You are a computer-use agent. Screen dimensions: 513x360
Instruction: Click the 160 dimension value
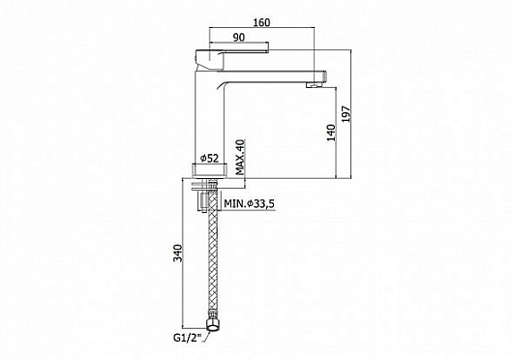coord(261,22)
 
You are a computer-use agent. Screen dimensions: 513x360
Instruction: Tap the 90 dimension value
coord(239,38)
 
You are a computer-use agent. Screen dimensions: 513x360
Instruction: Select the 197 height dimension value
coord(346,114)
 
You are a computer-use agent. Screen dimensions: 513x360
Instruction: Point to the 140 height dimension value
coord(331,133)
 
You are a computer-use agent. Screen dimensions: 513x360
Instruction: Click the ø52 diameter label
coord(209,159)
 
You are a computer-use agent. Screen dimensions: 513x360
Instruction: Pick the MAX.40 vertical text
coord(240,157)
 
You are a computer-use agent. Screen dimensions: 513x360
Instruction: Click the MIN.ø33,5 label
coord(250,203)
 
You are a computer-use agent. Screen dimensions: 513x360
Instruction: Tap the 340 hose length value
coord(178,253)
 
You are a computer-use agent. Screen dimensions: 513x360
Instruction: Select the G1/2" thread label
coord(188,337)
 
